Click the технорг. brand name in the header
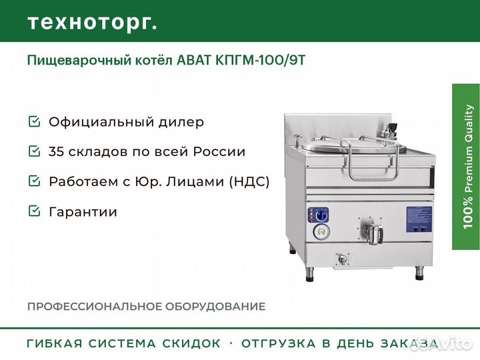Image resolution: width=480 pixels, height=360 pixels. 93,23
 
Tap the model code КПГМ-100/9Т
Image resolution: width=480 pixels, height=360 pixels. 260,61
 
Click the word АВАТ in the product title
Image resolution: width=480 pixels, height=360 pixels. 194,61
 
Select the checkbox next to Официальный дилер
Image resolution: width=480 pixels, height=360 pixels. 34,121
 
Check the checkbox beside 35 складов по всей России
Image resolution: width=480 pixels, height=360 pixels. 34,151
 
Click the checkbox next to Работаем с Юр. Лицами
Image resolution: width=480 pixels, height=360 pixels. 34,181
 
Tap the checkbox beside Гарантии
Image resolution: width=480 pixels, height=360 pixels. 34,211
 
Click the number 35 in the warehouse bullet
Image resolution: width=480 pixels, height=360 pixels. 56,151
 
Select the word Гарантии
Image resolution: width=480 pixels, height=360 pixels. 83,212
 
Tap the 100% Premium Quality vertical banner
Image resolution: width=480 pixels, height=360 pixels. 466,167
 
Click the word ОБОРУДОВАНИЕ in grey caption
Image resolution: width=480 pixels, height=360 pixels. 215,307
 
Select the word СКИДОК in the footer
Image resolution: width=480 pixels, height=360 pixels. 191,343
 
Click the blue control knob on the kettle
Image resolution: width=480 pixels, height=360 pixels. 321,215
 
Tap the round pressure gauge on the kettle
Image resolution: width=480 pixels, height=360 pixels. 321,232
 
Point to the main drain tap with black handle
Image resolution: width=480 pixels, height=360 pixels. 373,233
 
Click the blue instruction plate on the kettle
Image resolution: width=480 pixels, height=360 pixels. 419,219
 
